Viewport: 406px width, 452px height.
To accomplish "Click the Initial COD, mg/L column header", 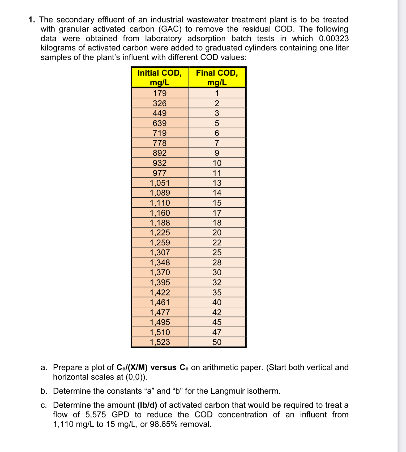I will (160, 77).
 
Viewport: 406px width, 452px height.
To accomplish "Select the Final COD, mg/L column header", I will (217, 77).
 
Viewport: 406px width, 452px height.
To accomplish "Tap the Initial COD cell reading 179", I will (160, 93).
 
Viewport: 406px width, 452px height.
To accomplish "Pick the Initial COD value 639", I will (160, 123).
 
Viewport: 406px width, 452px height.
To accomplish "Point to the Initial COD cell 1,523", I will (160, 342).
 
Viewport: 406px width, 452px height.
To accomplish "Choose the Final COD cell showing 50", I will (217, 342).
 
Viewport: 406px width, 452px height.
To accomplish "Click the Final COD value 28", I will (217, 263).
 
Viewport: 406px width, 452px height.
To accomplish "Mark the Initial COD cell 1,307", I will (160, 253).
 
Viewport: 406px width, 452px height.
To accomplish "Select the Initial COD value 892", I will (160, 153).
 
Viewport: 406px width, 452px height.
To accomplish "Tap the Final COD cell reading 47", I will (217, 332).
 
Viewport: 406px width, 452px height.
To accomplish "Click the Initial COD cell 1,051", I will (160, 183).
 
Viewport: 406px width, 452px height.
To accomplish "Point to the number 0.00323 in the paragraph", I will (334, 38).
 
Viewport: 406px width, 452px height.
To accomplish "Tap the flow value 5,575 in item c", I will (96, 415).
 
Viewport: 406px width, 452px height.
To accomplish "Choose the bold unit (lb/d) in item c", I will (147, 405).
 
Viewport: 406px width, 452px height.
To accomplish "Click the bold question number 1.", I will (32, 20).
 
